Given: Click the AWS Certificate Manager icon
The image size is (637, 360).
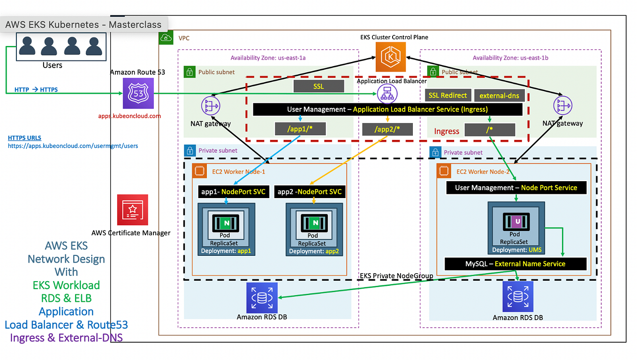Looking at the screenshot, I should click(x=133, y=210).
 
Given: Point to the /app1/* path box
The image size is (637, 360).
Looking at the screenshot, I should click(x=300, y=129).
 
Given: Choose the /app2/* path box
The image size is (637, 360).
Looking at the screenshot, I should click(x=387, y=129).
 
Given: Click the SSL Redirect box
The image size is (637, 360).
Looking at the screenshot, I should click(x=447, y=95).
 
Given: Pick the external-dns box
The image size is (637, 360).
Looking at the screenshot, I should click(x=499, y=96).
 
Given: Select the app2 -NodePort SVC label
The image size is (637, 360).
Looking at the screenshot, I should click(x=310, y=191).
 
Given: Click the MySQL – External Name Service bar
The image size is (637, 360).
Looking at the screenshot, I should click(x=515, y=264).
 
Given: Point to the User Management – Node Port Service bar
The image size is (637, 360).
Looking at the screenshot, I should click(x=516, y=188).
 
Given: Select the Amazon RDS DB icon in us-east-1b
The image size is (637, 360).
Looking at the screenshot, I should click(x=518, y=297).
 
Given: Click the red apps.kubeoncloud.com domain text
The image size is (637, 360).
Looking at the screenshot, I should click(x=129, y=116).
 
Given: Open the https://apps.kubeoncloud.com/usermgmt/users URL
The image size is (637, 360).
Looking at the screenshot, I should click(x=73, y=146).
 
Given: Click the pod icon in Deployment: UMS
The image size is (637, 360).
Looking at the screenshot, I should click(x=515, y=221).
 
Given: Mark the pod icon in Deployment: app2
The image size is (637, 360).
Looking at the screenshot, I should click(x=313, y=222).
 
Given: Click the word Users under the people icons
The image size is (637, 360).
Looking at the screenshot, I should click(x=52, y=65).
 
